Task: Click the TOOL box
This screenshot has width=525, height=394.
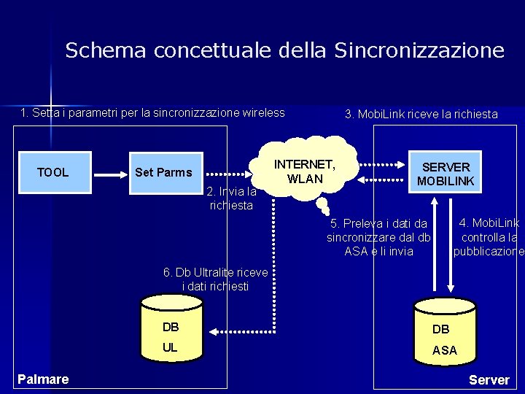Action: coord(52,172)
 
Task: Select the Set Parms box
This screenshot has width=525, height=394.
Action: coord(163,172)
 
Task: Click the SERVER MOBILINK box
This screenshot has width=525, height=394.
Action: coord(446,173)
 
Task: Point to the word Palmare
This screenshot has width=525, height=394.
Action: coord(44,379)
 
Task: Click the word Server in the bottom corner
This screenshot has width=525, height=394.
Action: coord(489,379)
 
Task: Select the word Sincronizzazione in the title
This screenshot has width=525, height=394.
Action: coord(419,50)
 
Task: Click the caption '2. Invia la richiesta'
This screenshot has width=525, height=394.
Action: coord(231,198)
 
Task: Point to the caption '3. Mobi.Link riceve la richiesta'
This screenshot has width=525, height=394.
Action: coord(421,114)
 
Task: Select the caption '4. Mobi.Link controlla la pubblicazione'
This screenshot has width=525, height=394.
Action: coord(489,237)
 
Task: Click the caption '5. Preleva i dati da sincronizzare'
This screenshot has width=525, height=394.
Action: coord(378,238)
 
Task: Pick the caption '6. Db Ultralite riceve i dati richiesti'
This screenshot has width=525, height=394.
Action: coord(216,279)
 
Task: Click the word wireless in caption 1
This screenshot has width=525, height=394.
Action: coord(262,112)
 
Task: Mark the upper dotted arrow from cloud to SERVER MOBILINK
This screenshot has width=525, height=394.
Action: coord(381,163)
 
